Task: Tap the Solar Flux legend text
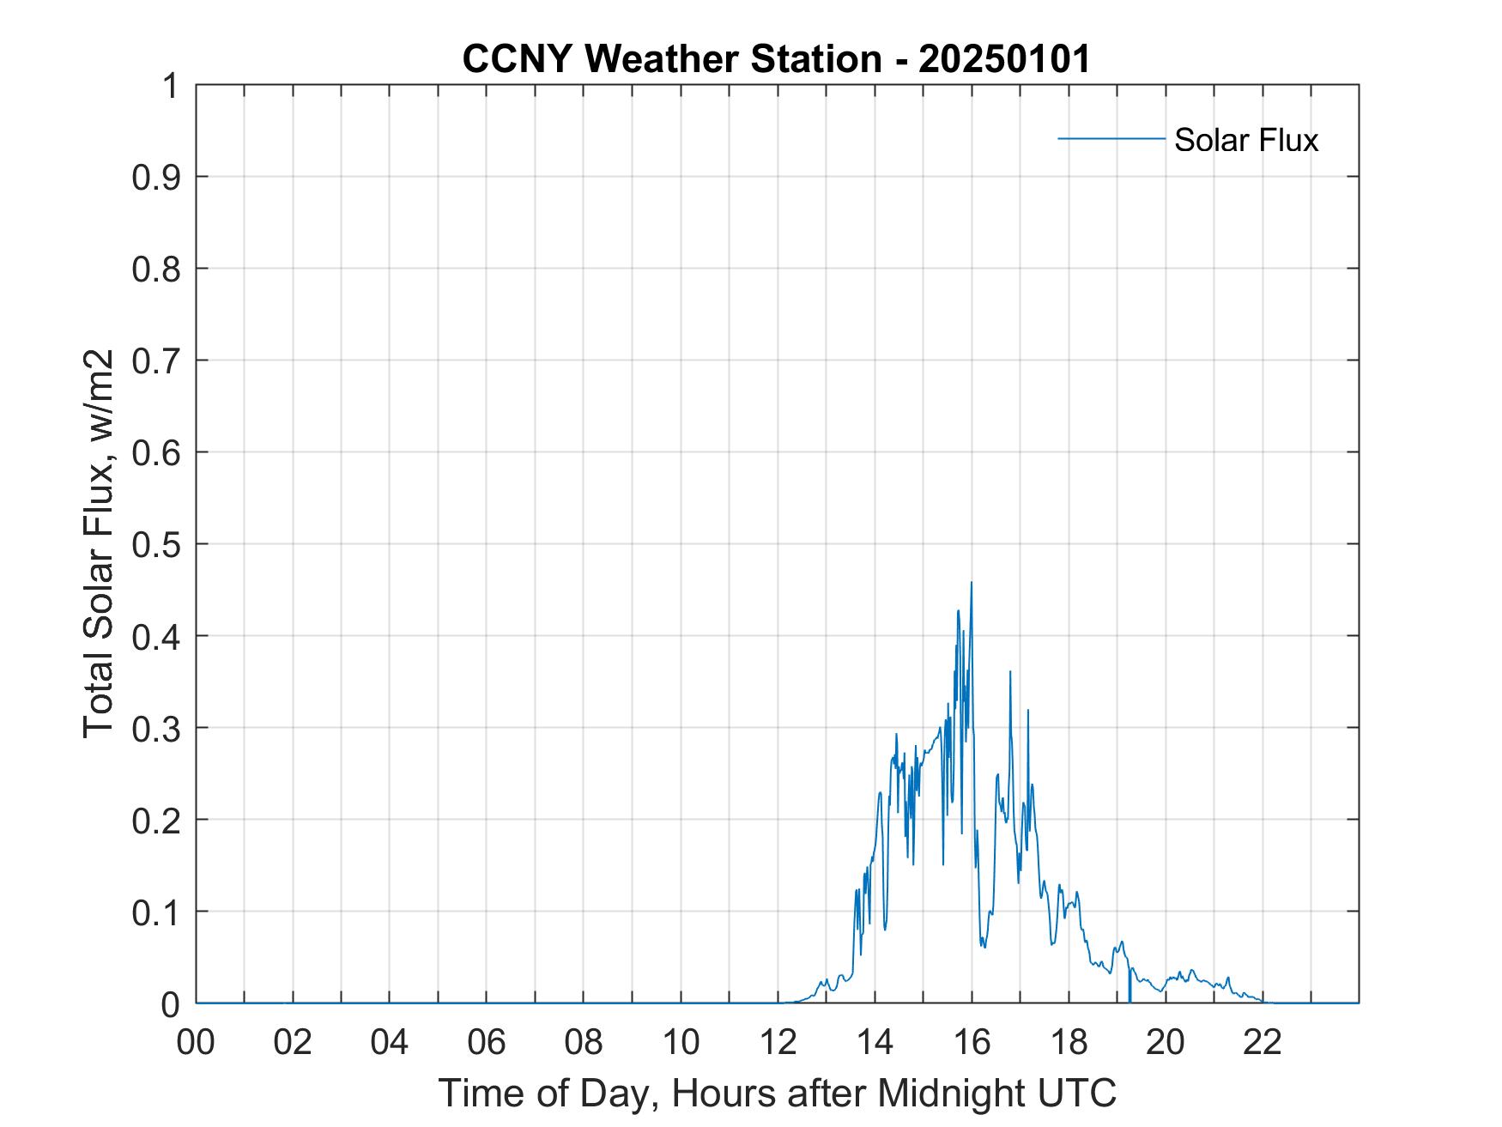(1245, 140)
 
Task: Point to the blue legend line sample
(1111, 138)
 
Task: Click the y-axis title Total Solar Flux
(100, 543)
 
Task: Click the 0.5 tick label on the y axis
(157, 544)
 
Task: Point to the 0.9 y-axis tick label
(157, 177)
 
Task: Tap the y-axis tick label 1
(171, 86)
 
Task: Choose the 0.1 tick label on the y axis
(157, 912)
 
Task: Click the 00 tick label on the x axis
(197, 1042)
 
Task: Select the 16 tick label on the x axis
(972, 1042)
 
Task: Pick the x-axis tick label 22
(1263, 1042)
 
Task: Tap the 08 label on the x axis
(584, 1042)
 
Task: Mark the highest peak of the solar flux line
(972, 584)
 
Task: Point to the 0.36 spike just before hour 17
(1010, 673)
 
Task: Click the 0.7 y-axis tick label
(157, 361)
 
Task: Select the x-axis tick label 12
(778, 1042)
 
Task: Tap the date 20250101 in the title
(1004, 59)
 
